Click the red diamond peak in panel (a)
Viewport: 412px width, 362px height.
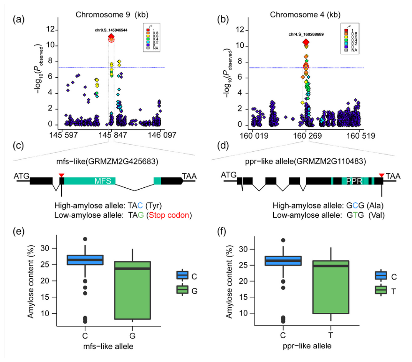(x=111, y=37)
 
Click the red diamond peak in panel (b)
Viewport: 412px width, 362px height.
(x=306, y=42)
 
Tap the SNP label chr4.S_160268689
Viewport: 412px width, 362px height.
(x=306, y=34)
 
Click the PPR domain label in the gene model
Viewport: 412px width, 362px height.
(x=354, y=180)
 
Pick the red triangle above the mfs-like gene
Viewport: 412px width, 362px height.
(x=61, y=175)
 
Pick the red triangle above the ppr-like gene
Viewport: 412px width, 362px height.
(x=382, y=175)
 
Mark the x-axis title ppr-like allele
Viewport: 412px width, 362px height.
(x=308, y=347)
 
